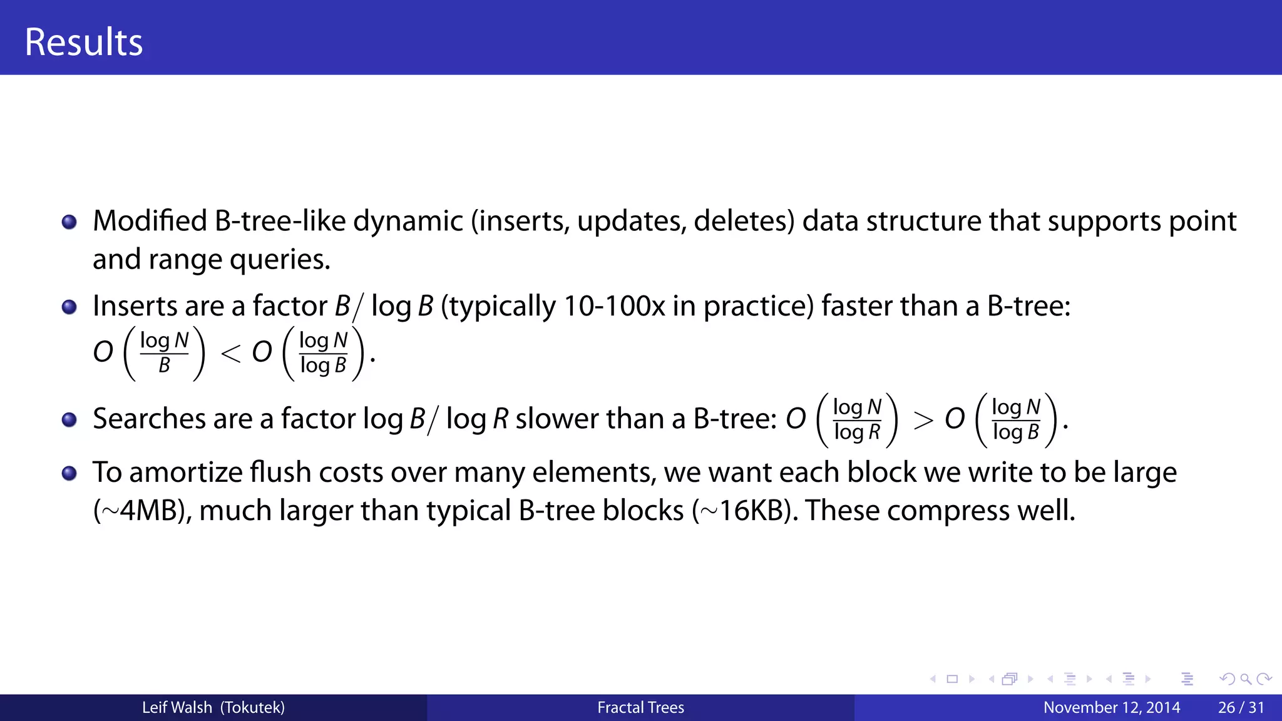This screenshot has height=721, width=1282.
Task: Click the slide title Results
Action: [83, 42]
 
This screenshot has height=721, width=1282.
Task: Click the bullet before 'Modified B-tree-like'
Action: [69, 222]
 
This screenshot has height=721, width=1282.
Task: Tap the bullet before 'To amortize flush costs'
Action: [69, 473]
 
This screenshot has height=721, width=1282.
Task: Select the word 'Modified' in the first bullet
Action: [150, 222]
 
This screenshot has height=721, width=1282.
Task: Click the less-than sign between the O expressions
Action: [230, 354]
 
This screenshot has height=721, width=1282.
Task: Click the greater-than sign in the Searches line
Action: [923, 421]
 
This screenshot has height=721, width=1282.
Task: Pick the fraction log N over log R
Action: [857, 420]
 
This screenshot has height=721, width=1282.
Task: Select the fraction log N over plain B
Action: [164, 353]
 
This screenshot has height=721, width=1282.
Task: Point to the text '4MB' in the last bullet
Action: [151, 511]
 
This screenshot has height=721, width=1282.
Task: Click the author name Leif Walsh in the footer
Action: [177, 708]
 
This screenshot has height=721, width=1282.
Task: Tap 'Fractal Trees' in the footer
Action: [640, 708]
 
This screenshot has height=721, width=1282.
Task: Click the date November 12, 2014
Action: [1111, 708]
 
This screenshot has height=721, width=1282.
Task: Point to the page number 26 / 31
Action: [1241, 708]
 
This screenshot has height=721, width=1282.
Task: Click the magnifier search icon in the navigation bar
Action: [1246, 679]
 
